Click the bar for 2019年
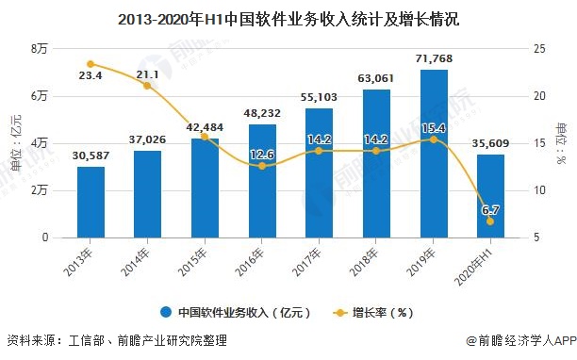[433, 154]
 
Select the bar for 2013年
[91, 202]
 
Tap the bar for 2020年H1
[490, 196]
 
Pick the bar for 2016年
[262, 181]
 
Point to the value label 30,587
[91, 156]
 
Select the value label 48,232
[262, 113]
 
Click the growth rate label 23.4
[91, 77]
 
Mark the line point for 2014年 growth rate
[147, 86]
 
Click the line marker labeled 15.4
[433, 139]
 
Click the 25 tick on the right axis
[538, 48]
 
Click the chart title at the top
[288, 17]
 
